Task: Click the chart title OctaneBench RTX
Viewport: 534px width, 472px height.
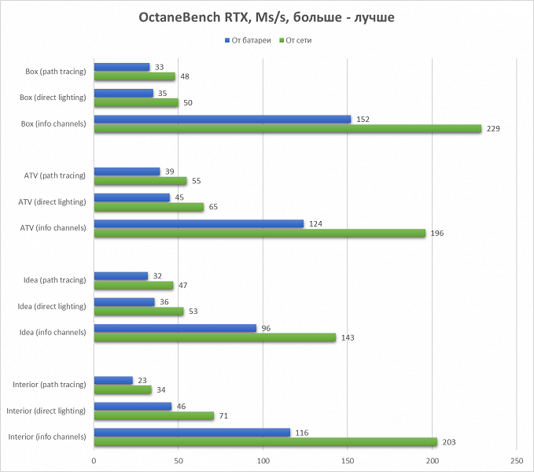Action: coord(267,17)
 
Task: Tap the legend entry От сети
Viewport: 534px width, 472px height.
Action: coord(299,39)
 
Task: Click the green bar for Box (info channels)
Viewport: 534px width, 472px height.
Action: coord(287,128)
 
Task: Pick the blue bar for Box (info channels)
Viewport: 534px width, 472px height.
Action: coord(222,119)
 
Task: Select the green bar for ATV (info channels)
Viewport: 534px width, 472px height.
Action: coord(260,233)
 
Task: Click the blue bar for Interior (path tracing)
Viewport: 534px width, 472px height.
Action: coord(113,380)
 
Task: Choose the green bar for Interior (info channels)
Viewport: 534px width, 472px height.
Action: coord(265,441)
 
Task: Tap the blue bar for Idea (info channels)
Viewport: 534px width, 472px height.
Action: coord(175,328)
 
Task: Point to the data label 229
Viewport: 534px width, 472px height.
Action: coord(494,128)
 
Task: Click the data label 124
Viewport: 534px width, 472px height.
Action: coord(315,223)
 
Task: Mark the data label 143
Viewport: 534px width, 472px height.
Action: coord(348,337)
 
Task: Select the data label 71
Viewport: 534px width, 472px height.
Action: coord(224,415)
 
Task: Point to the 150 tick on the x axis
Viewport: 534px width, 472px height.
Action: coord(348,460)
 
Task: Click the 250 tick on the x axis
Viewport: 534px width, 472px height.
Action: coord(517,460)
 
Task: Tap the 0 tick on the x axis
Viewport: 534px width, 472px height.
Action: coord(94,460)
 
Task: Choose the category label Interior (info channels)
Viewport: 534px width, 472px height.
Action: coord(46,437)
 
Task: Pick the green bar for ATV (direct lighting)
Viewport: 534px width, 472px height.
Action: coord(149,207)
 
